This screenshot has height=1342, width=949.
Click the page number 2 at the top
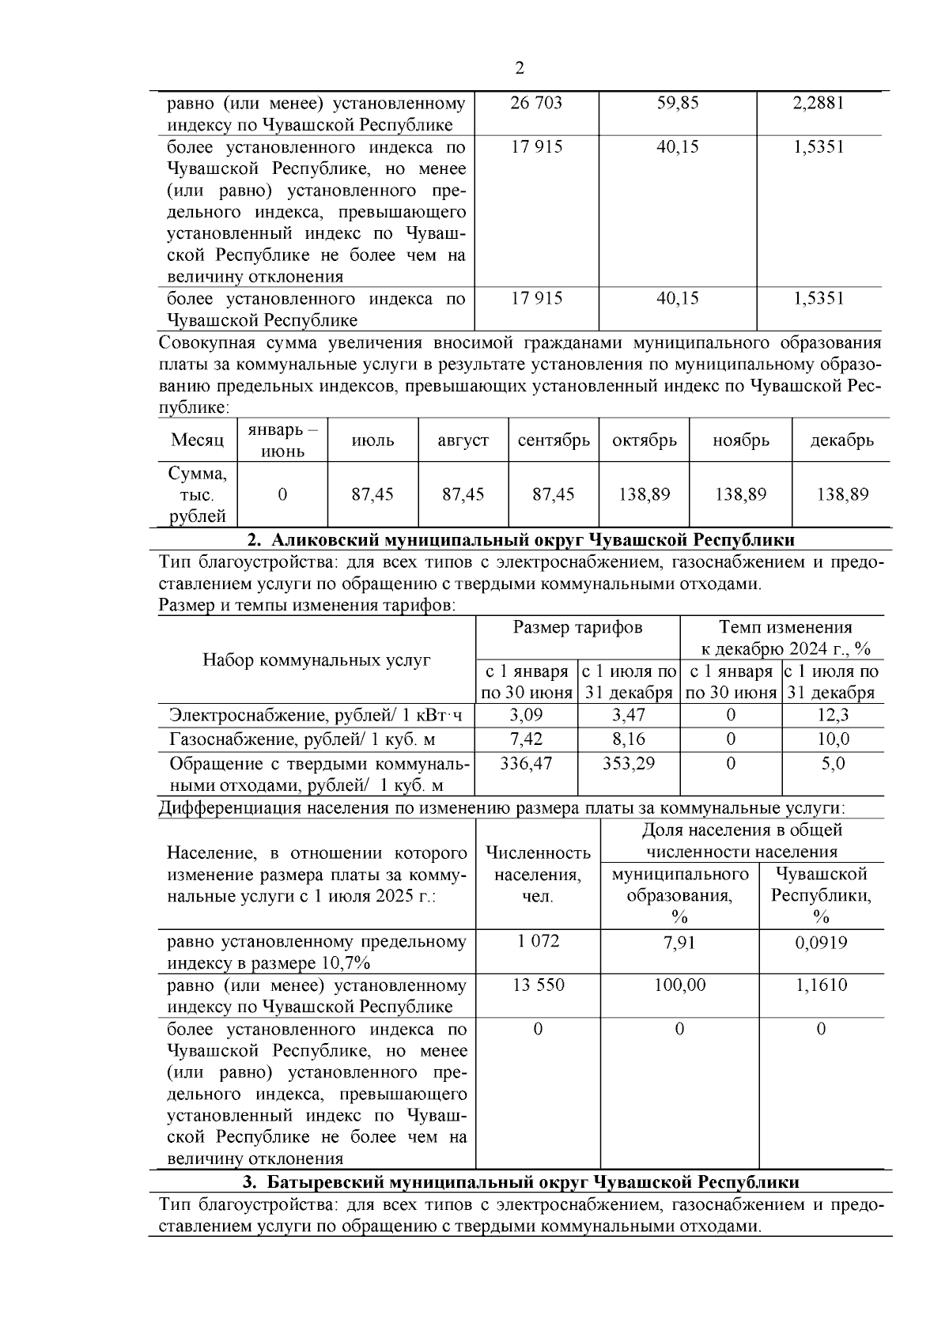point(520,68)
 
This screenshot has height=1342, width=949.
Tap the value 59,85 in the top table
point(678,103)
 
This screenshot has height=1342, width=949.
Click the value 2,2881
point(819,103)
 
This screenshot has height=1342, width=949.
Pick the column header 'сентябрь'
point(554,440)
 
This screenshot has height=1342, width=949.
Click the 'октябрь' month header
point(645,440)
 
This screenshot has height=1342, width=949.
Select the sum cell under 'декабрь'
point(842,494)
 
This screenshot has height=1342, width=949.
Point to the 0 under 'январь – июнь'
point(282,494)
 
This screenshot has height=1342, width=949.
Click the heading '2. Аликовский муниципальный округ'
point(520,540)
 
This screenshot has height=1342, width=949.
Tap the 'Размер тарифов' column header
point(577,628)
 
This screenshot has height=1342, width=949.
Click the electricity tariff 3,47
point(629,715)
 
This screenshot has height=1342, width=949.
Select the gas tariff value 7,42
point(527,739)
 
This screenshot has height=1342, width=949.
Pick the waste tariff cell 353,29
point(629,763)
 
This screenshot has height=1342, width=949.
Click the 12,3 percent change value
point(833,715)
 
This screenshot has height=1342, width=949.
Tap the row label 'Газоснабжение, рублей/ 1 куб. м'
point(302,739)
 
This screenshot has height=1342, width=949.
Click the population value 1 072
point(538,941)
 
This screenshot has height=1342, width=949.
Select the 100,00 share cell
point(679,985)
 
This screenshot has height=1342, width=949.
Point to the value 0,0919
point(821,941)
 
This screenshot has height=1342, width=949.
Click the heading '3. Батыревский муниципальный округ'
point(520,1182)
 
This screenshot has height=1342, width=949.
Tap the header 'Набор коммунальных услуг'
point(316,660)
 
